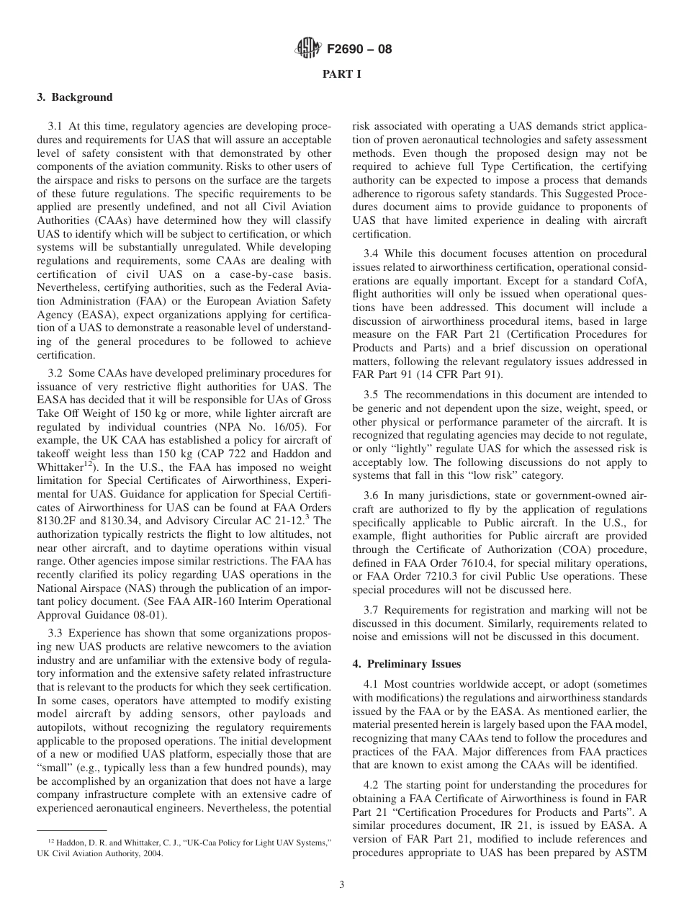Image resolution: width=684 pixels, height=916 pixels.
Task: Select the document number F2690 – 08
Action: tap(359, 50)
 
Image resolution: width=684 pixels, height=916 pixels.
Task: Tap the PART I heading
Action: tap(341, 73)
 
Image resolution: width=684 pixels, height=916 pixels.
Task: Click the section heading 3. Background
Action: tap(75, 97)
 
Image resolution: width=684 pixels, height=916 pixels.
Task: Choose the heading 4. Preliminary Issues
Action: tap(406, 663)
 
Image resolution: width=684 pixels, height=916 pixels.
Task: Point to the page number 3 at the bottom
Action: tap(341, 885)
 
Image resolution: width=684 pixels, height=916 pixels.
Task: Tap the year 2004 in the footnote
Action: tap(153, 853)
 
